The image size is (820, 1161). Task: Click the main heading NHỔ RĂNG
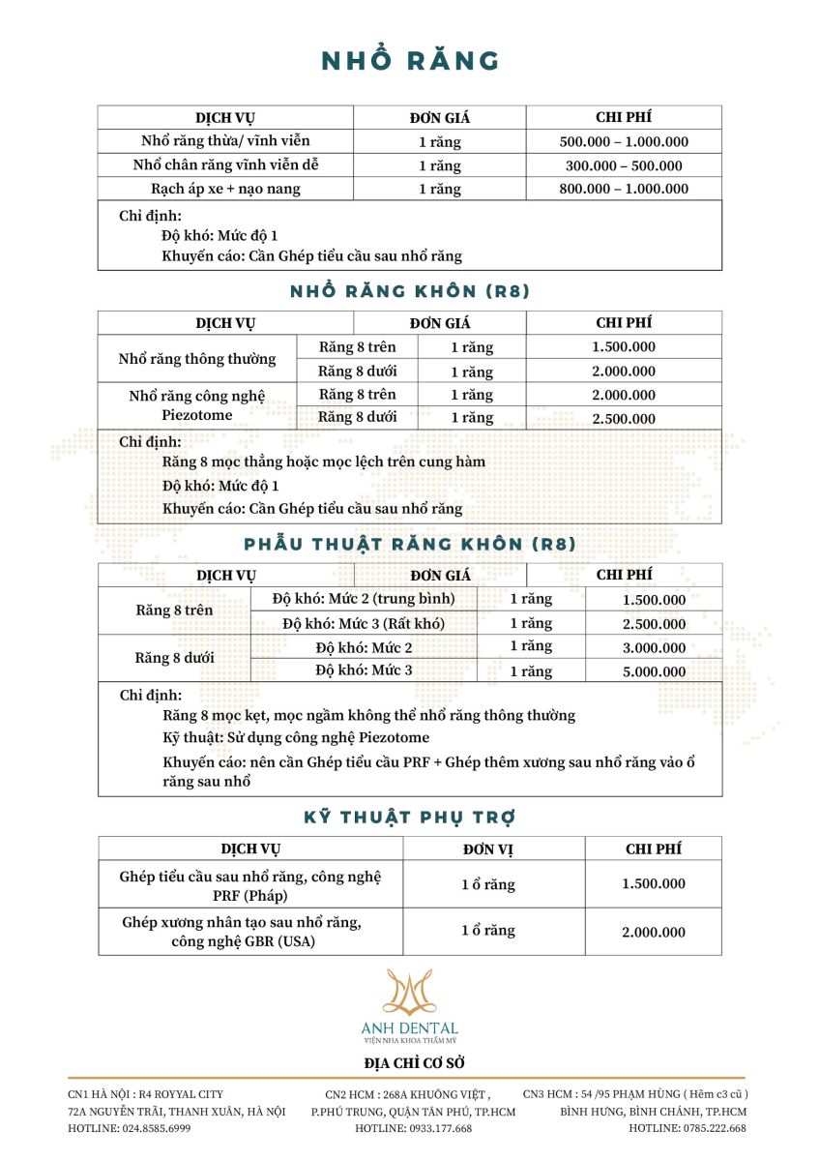[x=410, y=61]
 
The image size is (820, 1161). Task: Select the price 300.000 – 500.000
[x=624, y=165]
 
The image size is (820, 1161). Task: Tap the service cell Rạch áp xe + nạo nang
[x=225, y=189]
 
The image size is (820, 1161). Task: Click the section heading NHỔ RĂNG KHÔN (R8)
[x=410, y=291]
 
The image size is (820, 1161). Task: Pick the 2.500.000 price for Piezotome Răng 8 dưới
[x=624, y=419]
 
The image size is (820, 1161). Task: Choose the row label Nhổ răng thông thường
[x=197, y=359]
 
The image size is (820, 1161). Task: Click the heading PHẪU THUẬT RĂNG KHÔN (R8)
[x=410, y=545]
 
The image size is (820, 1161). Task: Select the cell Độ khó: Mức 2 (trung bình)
[x=364, y=599]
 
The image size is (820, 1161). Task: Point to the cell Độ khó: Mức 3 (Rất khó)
[x=364, y=624]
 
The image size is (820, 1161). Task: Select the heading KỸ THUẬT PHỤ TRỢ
[x=410, y=818]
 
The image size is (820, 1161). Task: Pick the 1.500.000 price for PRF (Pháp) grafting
[x=654, y=884]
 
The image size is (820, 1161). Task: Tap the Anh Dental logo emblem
[x=410, y=992]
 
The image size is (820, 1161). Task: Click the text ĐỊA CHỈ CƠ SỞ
[x=410, y=1063]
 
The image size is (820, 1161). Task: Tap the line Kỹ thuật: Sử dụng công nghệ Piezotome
[x=296, y=738]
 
